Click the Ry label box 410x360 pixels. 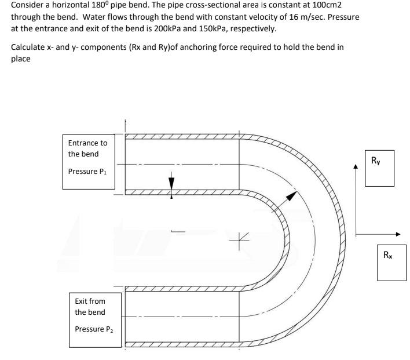coord(379,169)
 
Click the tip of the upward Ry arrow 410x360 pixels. coord(356,166)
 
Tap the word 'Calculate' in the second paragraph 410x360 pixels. coord(28,47)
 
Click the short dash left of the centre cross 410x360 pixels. coord(178,232)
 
